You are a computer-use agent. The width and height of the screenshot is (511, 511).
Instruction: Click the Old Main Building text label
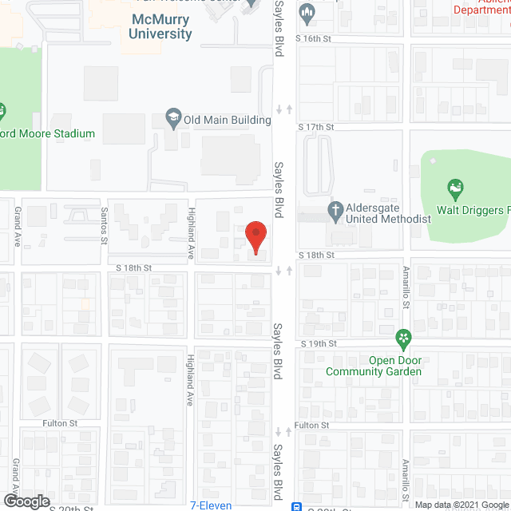[x=228, y=120]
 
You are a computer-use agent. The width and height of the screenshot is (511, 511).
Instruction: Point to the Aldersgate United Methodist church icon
[x=336, y=212]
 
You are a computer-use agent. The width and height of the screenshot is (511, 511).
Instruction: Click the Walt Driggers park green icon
[x=456, y=190]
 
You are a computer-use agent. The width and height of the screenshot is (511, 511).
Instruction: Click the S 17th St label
[x=315, y=127]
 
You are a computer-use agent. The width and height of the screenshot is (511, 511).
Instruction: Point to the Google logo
[x=26, y=501]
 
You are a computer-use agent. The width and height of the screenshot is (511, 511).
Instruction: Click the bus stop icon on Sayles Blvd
[x=297, y=505]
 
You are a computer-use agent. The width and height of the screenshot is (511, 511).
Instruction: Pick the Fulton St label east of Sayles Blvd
[x=311, y=426]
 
